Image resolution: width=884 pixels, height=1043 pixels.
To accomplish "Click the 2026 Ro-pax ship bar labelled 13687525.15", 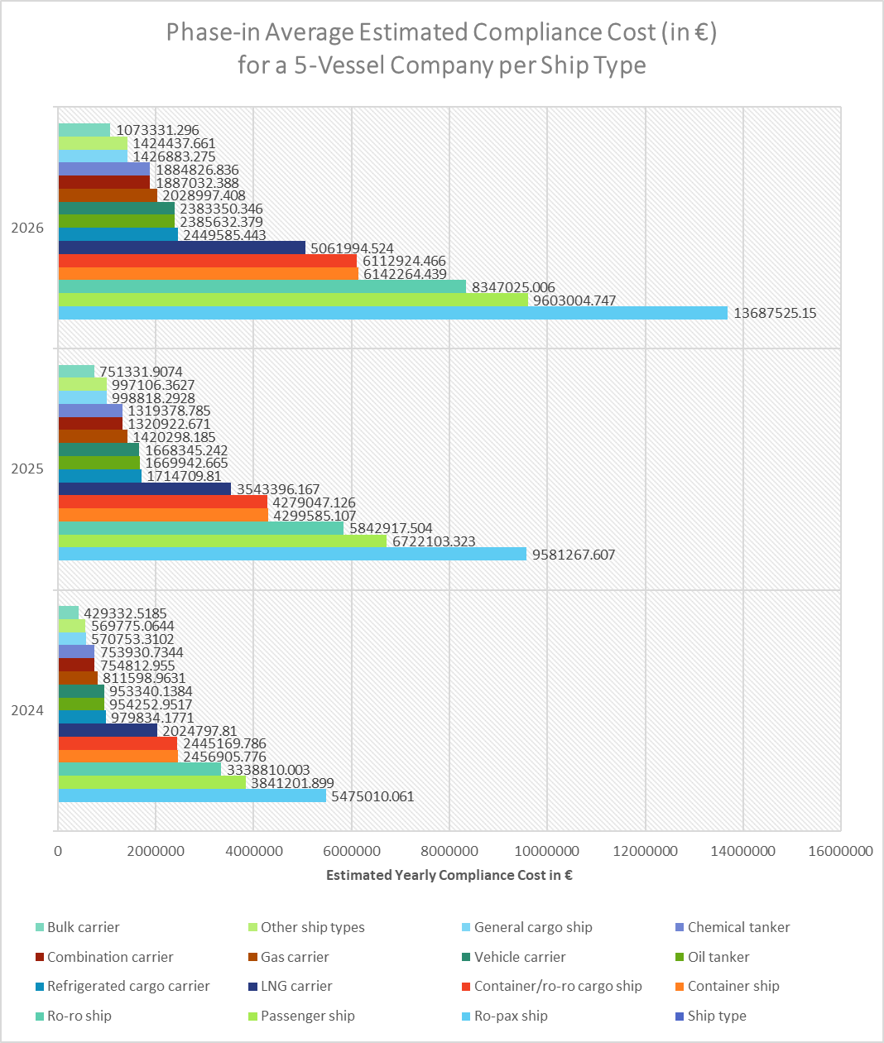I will click(x=392, y=313).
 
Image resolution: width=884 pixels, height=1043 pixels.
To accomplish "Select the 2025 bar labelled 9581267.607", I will click(x=291, y=555).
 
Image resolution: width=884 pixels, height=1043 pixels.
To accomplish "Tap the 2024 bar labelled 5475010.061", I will click(x=192, y=796).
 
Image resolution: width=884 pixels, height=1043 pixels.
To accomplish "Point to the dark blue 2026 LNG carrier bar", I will click(x=181, y=248).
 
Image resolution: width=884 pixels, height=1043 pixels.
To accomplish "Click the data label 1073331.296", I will click(x=157, y=130).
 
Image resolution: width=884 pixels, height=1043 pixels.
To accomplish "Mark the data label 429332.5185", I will click(x=125, y=613).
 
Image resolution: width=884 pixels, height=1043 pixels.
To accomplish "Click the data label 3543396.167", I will click(x=278, y=489).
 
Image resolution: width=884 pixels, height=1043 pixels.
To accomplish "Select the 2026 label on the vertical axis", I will click(x=27, y=228).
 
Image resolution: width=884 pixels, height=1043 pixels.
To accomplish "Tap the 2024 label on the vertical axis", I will click(x=27, y=710).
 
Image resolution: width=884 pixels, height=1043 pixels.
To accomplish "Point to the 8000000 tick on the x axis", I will click(x=449, y=851).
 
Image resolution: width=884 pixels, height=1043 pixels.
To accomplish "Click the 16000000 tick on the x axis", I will click(x=839, y=851).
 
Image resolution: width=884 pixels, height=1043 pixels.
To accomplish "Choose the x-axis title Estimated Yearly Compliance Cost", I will click(x=449, y=875).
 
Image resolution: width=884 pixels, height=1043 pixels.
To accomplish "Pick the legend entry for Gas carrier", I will click(x=295, y=957).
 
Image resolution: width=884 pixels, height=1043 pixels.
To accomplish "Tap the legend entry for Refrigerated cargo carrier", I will click(x=128, y=986).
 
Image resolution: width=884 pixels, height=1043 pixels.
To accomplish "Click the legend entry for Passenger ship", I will click(x=307, y=1016).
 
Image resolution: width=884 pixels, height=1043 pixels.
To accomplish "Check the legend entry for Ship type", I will click(x=717, y=1016).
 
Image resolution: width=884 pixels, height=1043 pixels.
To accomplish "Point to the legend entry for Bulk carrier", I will click(x=83, y=927).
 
